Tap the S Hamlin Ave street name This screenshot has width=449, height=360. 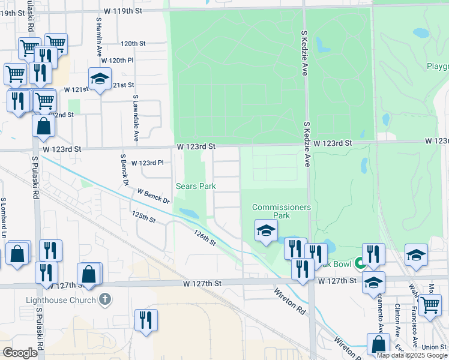pyautogui.click(x=98, y=36)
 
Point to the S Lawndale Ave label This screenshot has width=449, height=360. pyautogui.click(x=136, y=118)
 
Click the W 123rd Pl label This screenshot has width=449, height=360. pyautogui.click(x=147, y=163)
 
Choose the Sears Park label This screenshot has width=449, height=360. pyautogui.click(x=196, y=186)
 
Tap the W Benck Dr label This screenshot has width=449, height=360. pyautogui.click(x=153, y=196)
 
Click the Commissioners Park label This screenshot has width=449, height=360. pyautogui.click(x=281, y=211)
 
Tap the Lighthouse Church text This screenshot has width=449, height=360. pyautogui.click(x=61, y=300)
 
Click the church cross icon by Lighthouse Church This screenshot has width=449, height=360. pyautogui.click(x=105, y=299)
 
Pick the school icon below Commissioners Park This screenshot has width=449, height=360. pyautogui.click(x=265, y=230)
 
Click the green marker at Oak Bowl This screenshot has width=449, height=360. pyautogui.click(x=360, y=263)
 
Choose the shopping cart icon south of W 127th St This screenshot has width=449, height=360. pyautogui.click(x=430, y=304)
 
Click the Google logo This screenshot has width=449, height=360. pyautogui.click(x=20, y=352)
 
